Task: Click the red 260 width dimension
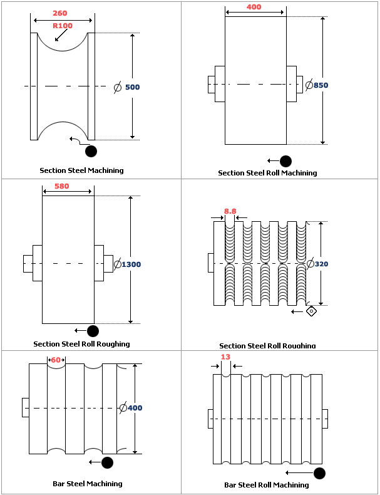pyautogui.click(x=60, y=13)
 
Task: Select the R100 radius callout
pyautogui.click(x=63, y=26)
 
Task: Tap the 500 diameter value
pyautogui.click(x=132, y=87)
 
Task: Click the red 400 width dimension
pyautogui.click(x=254, y=7)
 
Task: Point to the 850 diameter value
pyautogui.click(x=321, y=85)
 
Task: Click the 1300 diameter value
pyautogui.click(x=131, y=264)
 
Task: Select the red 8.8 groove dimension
pyautogui.click(x=230, y=212)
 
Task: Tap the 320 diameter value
pyautogui.click(x=321, y=264)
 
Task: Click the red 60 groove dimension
pyautogui.click(x=56, y=360)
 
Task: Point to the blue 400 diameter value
pyautogui.click(x=135, y=408)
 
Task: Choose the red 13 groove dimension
pyautogui.click(x=225, y=357)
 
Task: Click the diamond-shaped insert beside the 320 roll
pyautogui.click(x=311, y=311)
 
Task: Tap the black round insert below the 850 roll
pyautogui.click(x=285, y=161)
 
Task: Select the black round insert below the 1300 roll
pyautogui.click(x=93, y=331)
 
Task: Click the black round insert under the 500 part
pyautogui.click(x=91, y=151)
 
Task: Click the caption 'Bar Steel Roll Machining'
pyautogui.click(x=267, y=485)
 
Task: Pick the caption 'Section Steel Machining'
pyautogui.click(x=81, y=170)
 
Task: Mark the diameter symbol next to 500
pyautogui.click(x=117, y=87)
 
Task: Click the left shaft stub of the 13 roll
pyautogui.click(x=210, y=419)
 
